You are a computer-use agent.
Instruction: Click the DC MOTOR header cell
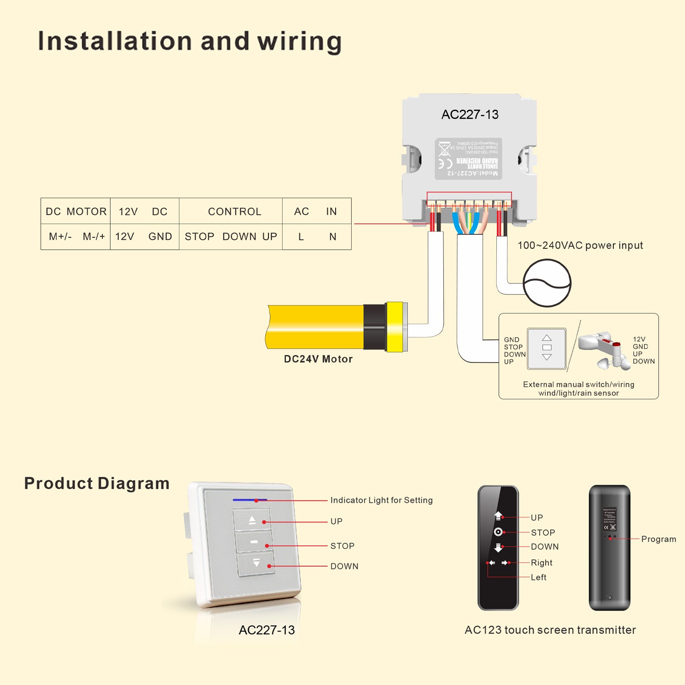tap(76, 211)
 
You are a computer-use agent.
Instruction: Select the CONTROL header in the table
tap(234, 211)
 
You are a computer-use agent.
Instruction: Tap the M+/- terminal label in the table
tap(60, 237)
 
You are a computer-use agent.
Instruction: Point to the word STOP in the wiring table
tap(199, 237)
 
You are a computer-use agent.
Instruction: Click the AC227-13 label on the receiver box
tap(469, 115)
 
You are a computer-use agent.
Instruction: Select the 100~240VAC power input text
tap(580, 246)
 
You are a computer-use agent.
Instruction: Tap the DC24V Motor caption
tap(318, 359)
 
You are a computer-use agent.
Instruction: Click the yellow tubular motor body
tap(315, 327)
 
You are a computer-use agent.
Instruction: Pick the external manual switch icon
tap(547, 348)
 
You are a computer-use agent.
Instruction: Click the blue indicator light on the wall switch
tap(250, 500)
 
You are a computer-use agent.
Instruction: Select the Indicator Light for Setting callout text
tap(381, 500)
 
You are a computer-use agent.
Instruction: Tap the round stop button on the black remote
tap(498, 532)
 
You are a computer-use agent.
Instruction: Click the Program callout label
tap(658, 539)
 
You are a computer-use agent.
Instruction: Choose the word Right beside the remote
tap(541, 563)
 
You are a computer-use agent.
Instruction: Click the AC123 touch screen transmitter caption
tap(550, 630)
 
